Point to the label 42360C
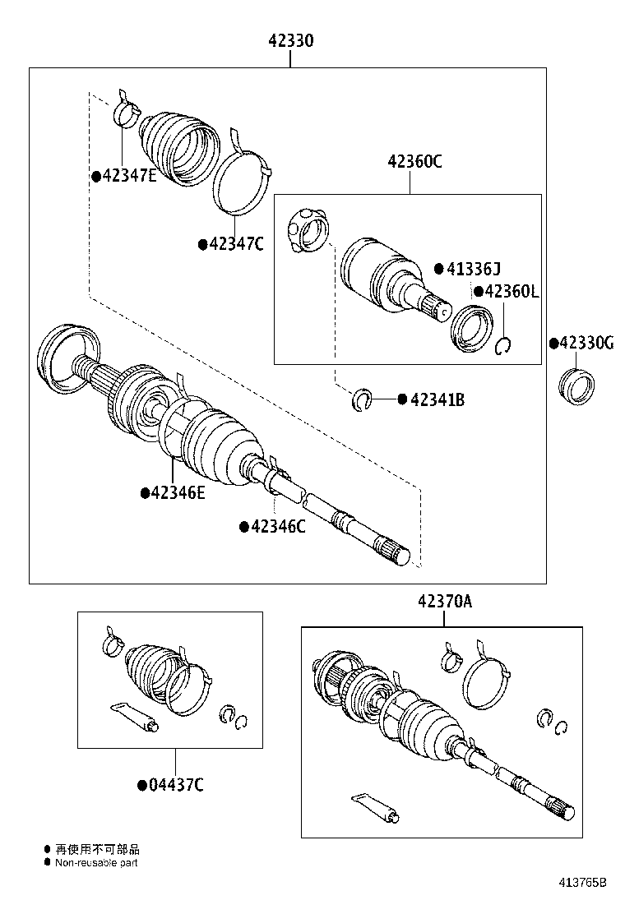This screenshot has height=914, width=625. tap(415, 162)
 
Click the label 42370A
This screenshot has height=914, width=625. tap(444, 602)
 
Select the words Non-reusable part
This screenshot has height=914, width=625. tap(96, 862)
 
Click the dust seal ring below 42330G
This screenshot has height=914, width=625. tap(576, 386)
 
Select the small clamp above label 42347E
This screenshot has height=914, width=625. tap(124, 109)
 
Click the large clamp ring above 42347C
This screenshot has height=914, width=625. tap(242, 177)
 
